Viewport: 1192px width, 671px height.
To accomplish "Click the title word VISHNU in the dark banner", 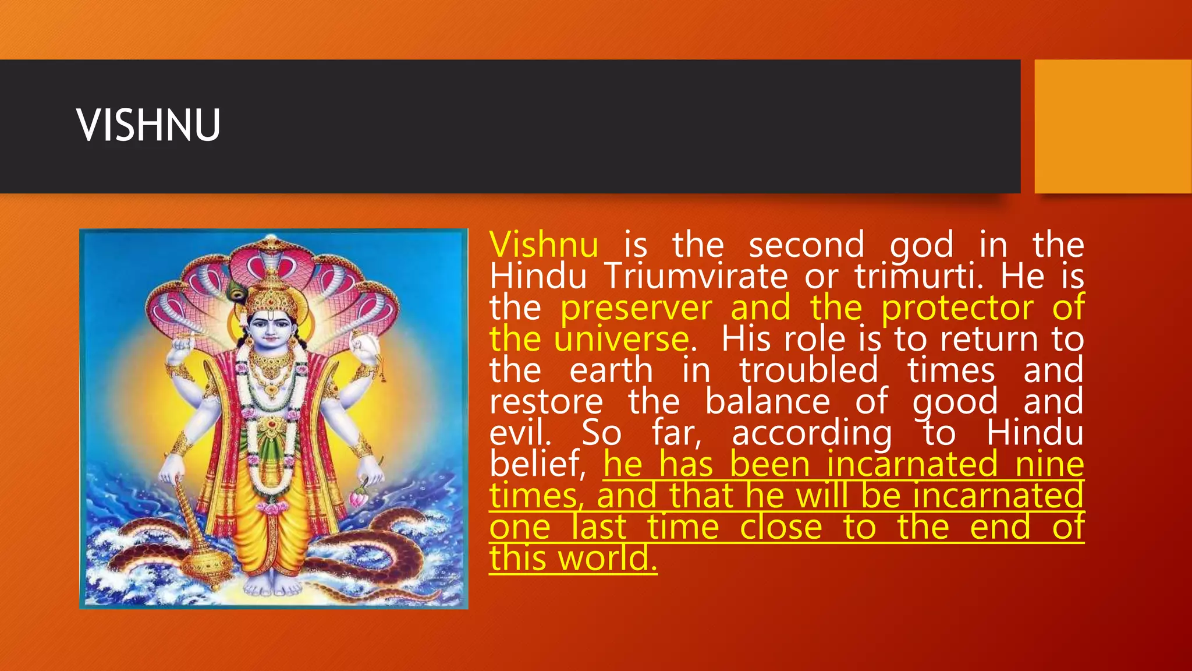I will [148, 126].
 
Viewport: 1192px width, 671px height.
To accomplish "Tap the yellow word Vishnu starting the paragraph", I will [544, 245].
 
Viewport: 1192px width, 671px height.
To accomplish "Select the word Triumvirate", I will [696, 276].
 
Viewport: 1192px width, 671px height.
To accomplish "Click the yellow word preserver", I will [636, 308].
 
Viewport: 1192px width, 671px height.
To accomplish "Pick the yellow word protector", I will [957, 308].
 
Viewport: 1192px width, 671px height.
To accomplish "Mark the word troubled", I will [808, 370].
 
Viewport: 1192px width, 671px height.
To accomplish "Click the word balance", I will [768, 402].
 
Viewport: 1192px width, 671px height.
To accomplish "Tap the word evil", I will [520, 433].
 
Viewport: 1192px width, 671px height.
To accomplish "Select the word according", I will [812, 435].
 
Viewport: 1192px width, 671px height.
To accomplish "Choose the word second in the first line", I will [806, 245].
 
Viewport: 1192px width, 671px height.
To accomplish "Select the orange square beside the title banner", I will [1113, 126].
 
